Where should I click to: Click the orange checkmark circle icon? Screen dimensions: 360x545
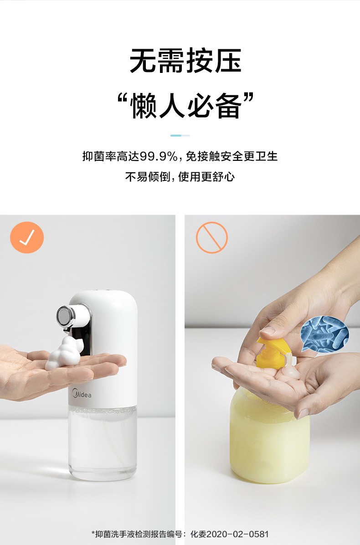point(27,237)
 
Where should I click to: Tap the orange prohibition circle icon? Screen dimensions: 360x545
point(212,237)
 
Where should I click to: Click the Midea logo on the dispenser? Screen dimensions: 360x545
point(82,394)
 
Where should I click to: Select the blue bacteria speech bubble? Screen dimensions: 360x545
point(324,335)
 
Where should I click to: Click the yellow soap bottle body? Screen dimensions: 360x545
point(269,436)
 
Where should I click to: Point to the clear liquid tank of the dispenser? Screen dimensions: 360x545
point(103,443)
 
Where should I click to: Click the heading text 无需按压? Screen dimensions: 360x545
point(185,61)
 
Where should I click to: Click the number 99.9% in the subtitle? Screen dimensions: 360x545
point(159,156)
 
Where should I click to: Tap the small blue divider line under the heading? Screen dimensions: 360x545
point(180,135)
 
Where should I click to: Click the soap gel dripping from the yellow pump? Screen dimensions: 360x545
point(290,367)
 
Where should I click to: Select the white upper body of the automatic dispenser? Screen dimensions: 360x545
point(103,348)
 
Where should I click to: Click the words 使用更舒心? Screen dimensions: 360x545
point(206,177)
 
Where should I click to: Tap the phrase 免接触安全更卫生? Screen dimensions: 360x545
point(232,156)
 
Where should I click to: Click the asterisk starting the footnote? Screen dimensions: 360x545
point(93,533)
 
